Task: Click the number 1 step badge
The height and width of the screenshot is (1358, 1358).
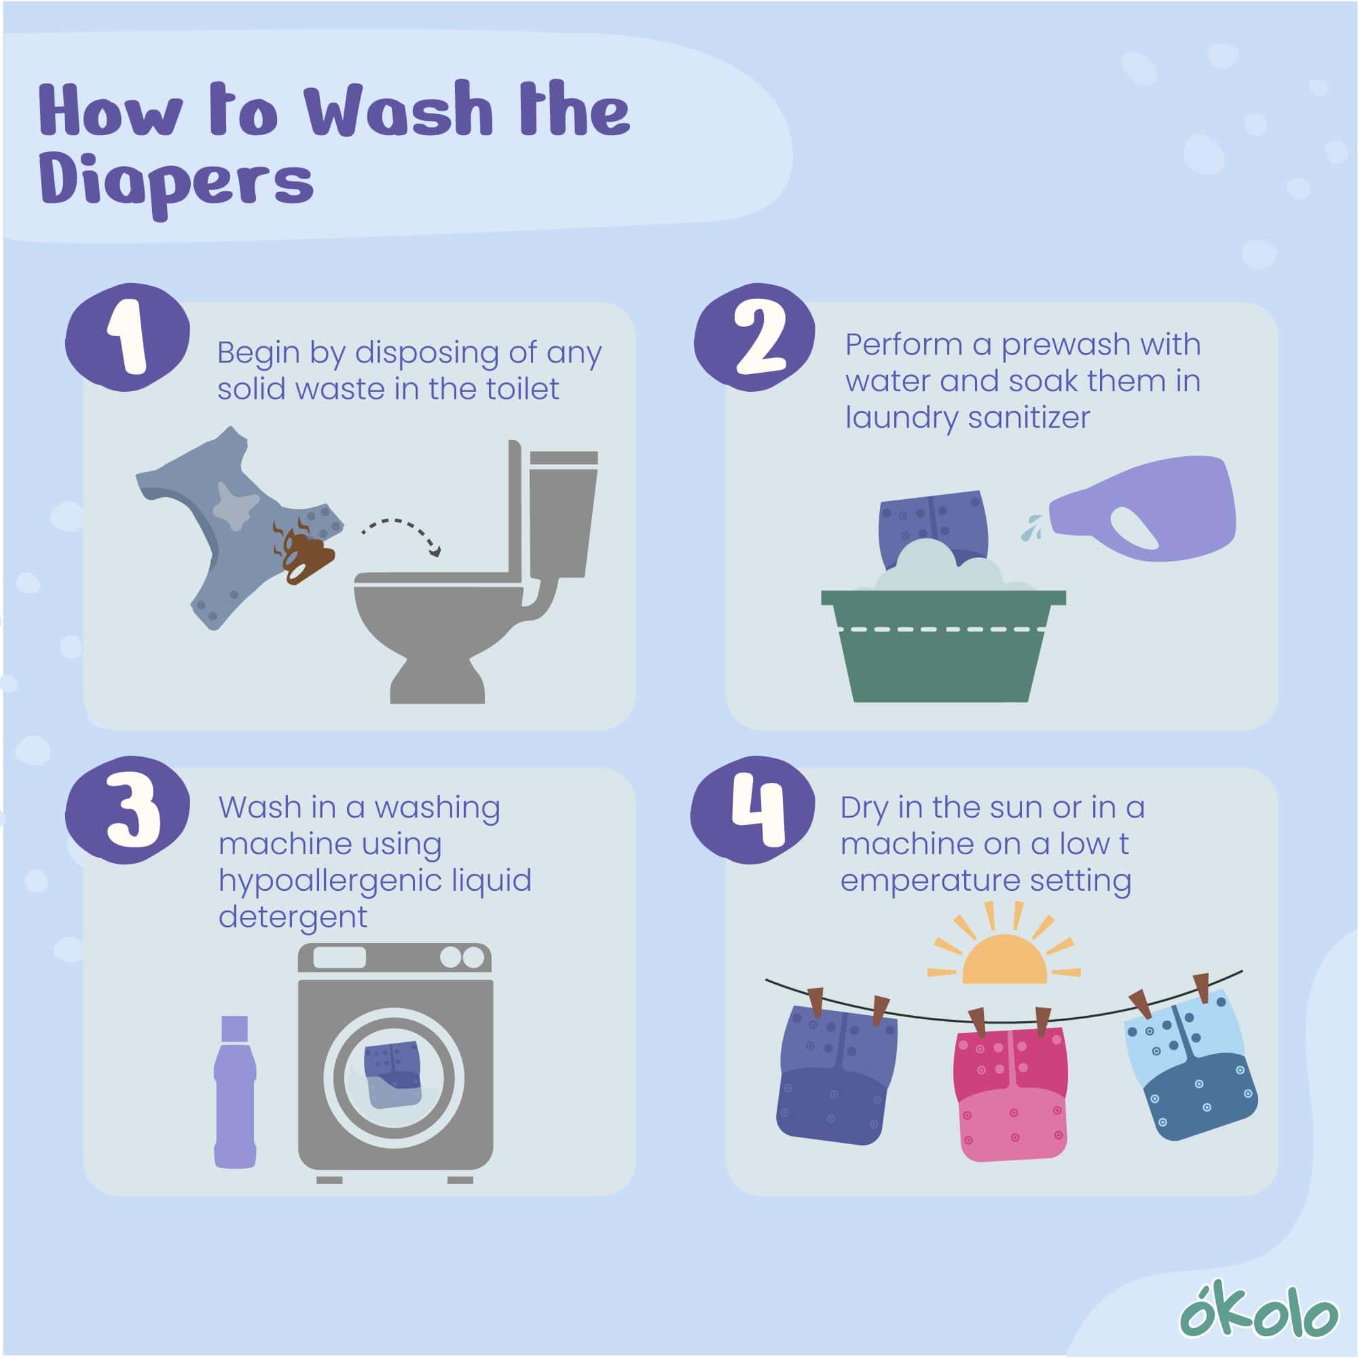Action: (127, 337)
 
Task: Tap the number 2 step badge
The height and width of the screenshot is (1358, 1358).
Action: (754, 337)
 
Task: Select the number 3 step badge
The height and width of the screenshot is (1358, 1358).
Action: (127, 810)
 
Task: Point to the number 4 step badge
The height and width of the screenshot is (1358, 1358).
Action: (752, 810)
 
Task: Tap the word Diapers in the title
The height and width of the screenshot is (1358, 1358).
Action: (177, 182)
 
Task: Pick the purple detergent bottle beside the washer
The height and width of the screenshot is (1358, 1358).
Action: (235, 1091)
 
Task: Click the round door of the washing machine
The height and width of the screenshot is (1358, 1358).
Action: (394, 1078)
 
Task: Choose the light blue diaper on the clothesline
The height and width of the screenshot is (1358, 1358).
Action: (1191, 1064)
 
